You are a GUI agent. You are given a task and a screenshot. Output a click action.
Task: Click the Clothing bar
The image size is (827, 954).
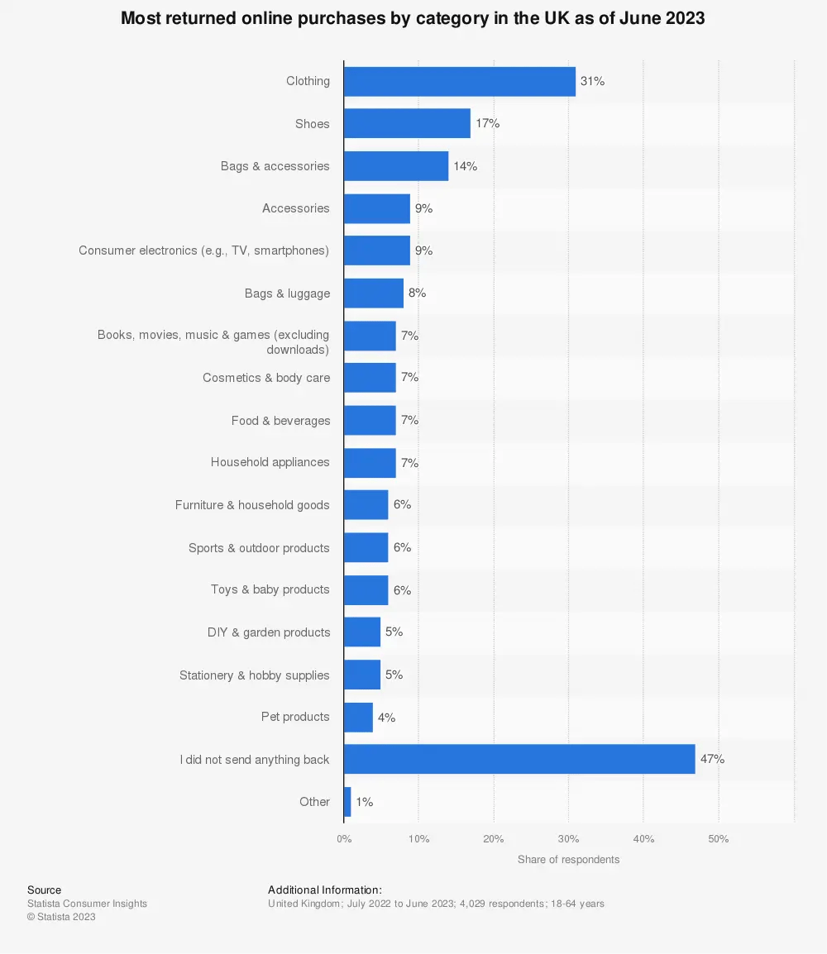[459, 81]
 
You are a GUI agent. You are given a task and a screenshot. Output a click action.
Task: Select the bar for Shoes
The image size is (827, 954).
[407, 123]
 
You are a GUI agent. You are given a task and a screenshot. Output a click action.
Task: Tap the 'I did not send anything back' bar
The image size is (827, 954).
[519, 759]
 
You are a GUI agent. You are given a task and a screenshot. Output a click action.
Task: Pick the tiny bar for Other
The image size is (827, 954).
[347, 802]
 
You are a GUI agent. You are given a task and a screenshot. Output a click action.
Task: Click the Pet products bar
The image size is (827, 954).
[358, 717]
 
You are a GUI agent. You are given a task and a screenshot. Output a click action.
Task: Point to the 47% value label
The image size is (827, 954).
[712, 759]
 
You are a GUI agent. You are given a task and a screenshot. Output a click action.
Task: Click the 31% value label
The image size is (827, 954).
[592, 81]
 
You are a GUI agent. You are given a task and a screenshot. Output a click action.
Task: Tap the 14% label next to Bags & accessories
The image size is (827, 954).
[465, 166]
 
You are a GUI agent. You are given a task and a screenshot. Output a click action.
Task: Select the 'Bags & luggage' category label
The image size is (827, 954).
[287, 293]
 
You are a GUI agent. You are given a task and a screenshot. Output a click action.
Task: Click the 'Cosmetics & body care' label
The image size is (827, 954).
[266, 378]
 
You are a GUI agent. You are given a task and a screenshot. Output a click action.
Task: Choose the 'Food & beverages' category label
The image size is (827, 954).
[280, 421]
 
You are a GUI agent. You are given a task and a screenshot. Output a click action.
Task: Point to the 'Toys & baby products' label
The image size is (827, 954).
[270, 589]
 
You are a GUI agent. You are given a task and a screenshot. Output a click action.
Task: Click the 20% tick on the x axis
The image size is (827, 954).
[494, 839]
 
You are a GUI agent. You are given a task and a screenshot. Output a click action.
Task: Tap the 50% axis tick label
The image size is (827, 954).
[718, 839]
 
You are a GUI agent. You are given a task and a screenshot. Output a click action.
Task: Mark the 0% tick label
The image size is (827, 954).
[344, 839]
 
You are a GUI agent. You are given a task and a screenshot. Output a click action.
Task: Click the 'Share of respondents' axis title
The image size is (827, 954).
[568, 860]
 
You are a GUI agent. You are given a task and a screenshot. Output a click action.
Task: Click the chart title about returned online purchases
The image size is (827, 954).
[413, 18]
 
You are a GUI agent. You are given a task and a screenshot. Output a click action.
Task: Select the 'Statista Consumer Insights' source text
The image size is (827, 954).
[87, 904]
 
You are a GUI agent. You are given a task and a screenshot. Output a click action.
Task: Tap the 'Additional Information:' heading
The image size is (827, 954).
[324, 890]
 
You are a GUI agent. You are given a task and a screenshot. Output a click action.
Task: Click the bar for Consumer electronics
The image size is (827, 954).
[376, 250]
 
